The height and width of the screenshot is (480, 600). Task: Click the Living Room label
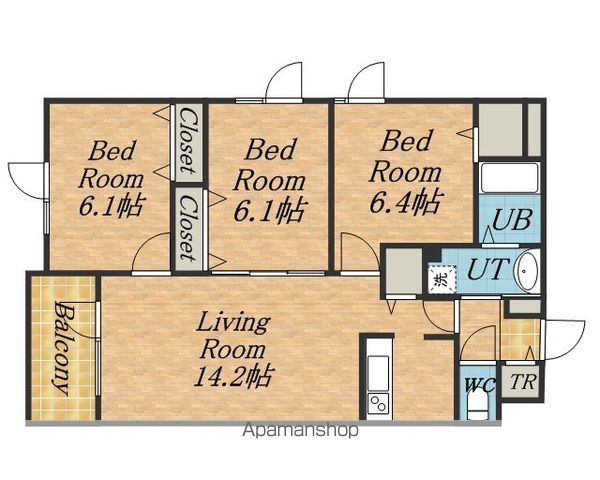pos(233,336)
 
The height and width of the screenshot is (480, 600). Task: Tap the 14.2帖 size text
pos(233,376)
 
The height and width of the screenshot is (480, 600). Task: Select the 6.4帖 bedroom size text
pos(406,202)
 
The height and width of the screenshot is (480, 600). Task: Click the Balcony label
pos(62,348)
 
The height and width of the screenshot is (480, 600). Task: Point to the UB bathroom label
pos(512,220)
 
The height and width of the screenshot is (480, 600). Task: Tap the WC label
pos(480,385)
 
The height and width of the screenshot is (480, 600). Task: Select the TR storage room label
pos(523,382)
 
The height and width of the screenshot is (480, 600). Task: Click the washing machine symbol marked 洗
pos(442,279)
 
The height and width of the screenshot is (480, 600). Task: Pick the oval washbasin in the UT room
pos(527,269)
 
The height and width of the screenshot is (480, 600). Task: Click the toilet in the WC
pos(478,407)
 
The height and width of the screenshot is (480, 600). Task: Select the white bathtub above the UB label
pos(510,178)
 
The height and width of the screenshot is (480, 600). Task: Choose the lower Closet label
pos(188,228)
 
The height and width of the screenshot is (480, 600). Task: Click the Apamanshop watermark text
pos(301,430)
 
